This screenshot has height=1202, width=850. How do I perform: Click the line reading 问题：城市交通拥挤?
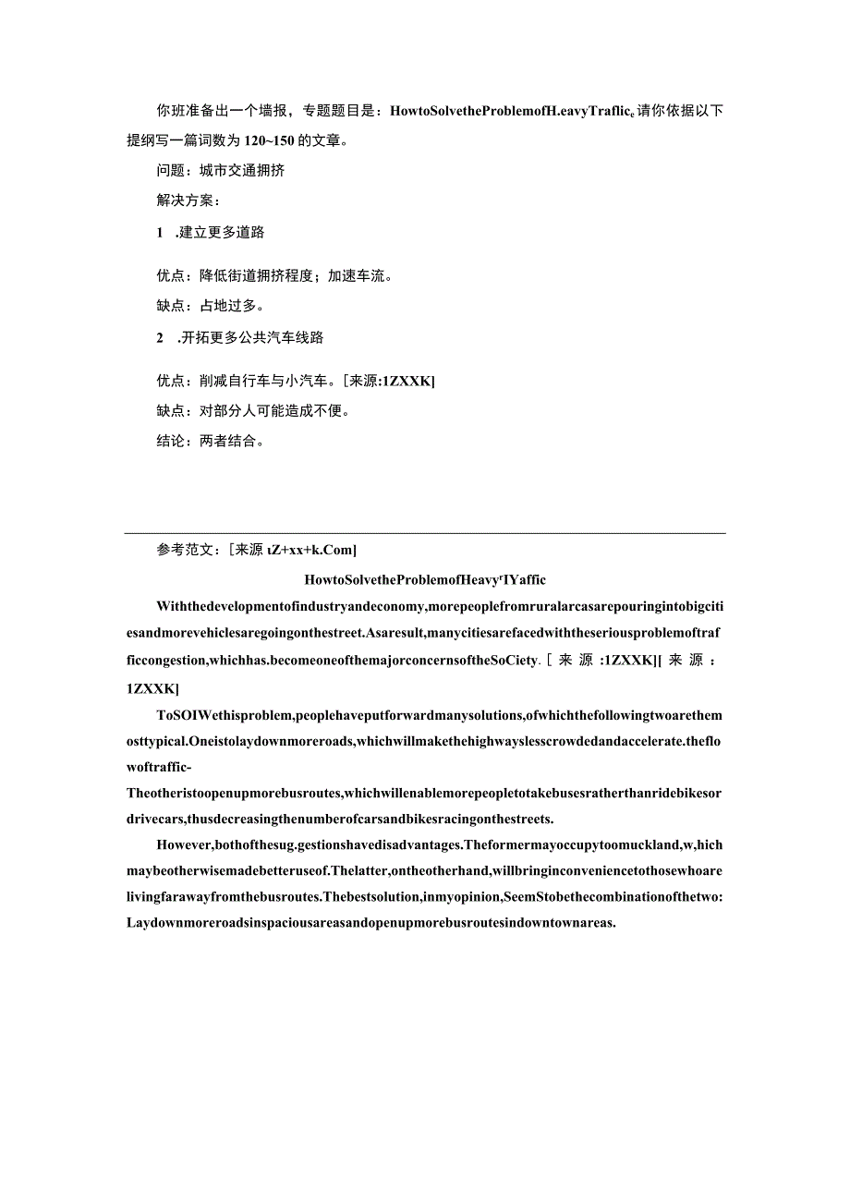pos(221,171)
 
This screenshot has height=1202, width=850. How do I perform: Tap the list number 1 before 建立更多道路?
pos(160,233)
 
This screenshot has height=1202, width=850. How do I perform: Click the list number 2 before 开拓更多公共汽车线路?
pos(160,338)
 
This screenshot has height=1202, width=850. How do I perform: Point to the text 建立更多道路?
pos(222,233)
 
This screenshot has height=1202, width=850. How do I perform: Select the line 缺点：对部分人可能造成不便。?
pos(254,411)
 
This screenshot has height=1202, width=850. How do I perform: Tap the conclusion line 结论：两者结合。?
pos(211,442)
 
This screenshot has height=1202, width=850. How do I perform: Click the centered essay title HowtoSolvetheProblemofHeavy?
pos(425,580)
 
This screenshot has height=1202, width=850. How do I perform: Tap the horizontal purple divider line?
pos(425,533)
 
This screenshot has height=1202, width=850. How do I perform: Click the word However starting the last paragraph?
pos(184,844)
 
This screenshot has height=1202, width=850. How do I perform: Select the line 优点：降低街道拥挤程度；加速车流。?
pos(275,275)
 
